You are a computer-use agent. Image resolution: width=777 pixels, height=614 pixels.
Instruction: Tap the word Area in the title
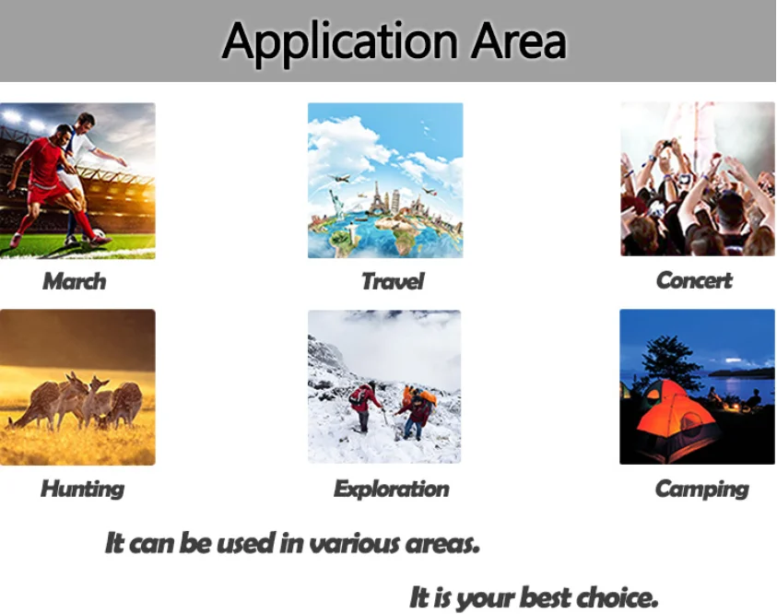point(518,40)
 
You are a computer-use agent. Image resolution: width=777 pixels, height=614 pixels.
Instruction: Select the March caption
point(75,281)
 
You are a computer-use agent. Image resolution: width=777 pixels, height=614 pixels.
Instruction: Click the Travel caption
point(393,281)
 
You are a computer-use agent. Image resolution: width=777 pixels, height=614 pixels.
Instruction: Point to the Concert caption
point(694,280)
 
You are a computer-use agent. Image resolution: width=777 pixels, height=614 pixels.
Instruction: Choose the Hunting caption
point(82,490)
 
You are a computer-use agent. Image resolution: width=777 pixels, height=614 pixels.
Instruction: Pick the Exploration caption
point(392,490)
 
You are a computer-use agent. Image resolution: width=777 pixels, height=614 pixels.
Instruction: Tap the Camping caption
point(701,490)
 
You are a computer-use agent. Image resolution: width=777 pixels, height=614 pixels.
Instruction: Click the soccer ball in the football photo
point(99,234)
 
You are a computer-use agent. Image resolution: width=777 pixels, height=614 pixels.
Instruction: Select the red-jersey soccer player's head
point(64,135)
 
